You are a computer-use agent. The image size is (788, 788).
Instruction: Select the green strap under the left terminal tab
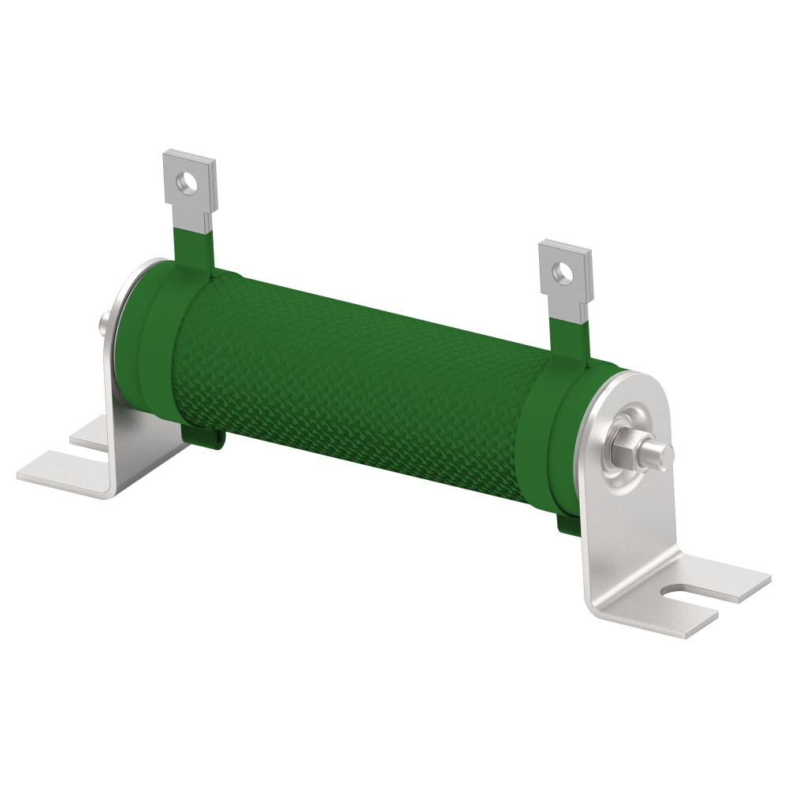pos(192,247)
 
